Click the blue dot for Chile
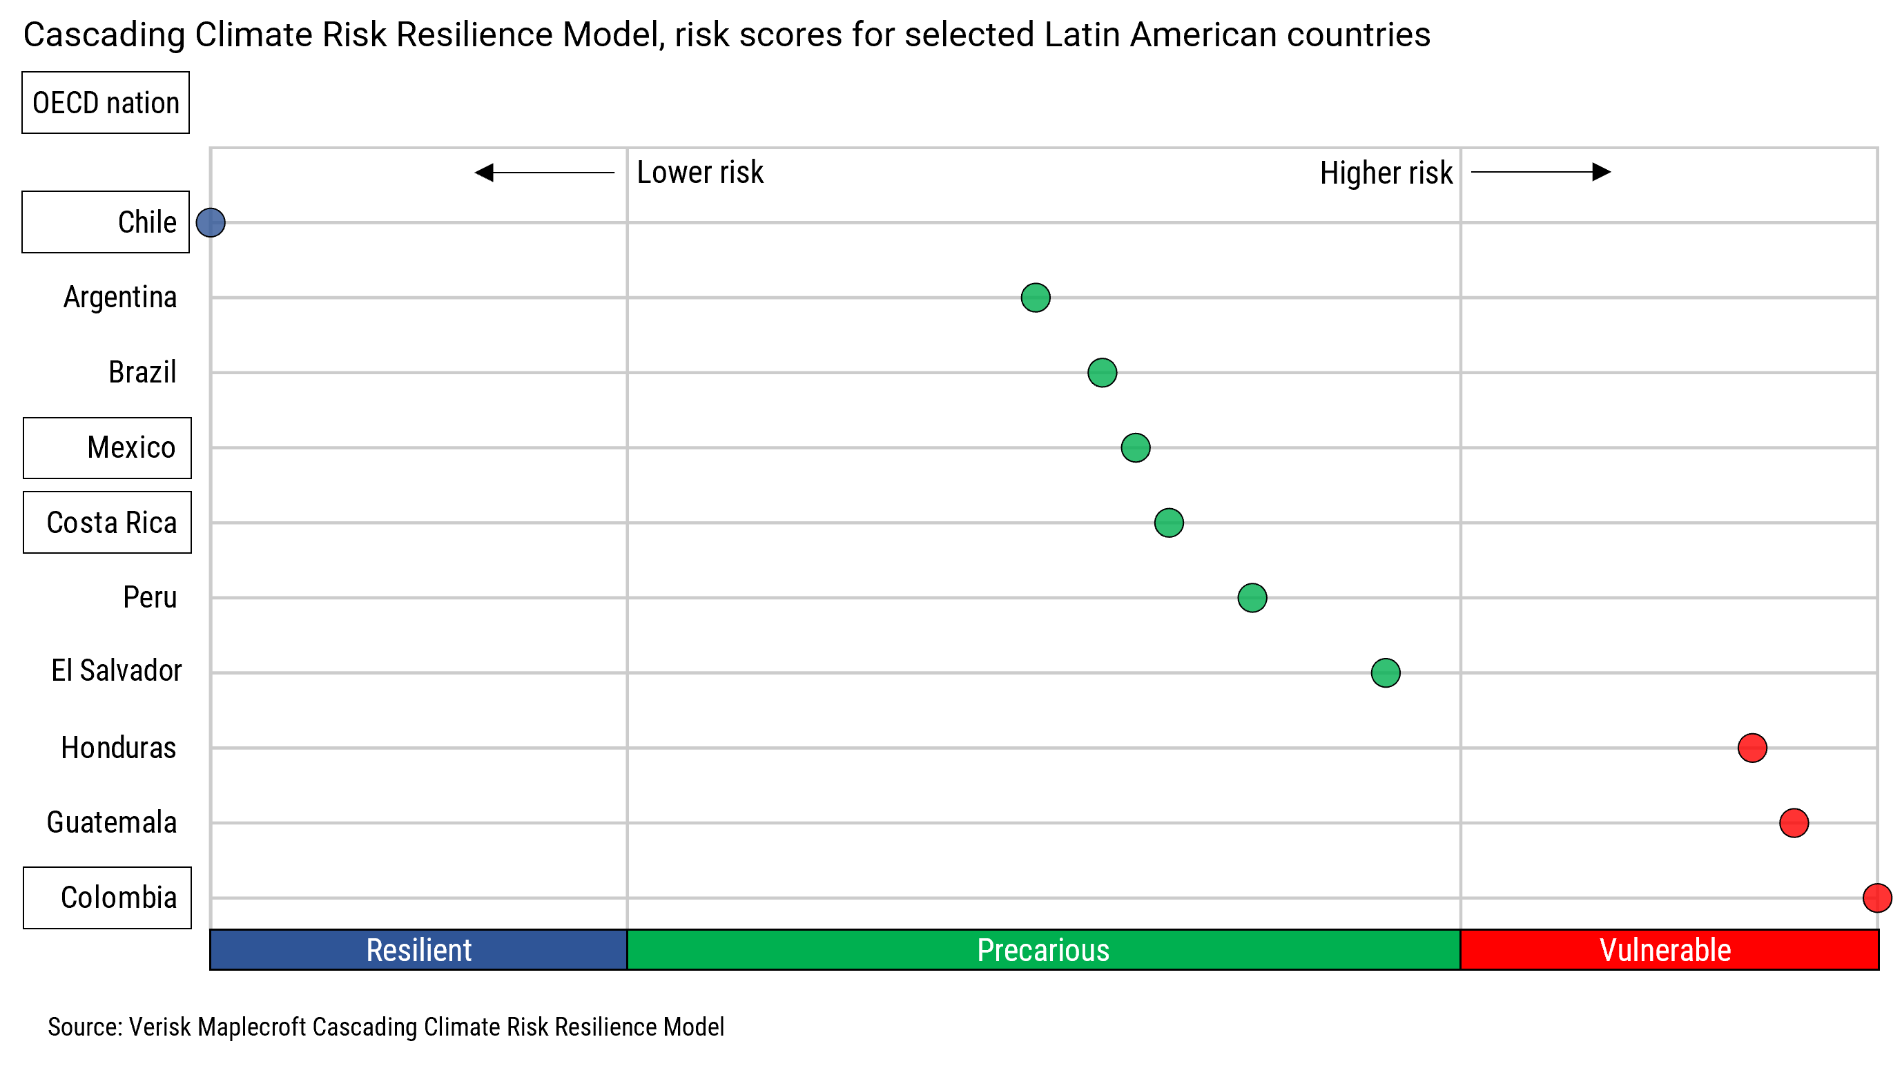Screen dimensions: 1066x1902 pyautogui.click(x=211, y=222)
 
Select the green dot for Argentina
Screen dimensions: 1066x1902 pyautogui.click(x=1035, y=298)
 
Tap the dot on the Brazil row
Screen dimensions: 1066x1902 pyautogui.click(x=1102, y=373)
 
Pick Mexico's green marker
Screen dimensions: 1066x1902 pyautogui.click(x=1135, y=447)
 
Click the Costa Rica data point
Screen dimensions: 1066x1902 pyautogui.click(x=1168, y=523)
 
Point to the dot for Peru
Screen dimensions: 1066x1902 pyautogui.click(x=1252, y=598)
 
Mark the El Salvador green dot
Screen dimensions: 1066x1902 pyautogui.click(x=1385, y=672)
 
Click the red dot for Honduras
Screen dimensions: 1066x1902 pyautogui.click(x=1751, y=748)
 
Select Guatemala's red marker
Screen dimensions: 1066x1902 pyautogui.click(x=1794, y=822)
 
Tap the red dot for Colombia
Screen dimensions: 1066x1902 pyautogui.click(x=1876, y=898)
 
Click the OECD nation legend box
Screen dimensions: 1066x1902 pyautogui.click(x=106, y=103)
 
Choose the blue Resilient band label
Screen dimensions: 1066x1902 pyautogui.click(x=418, y=950)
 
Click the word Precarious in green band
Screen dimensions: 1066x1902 pyautogui.click(x=1042, y=950)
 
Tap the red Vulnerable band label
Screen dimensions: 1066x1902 pyautogui.click(x=1665, y=950)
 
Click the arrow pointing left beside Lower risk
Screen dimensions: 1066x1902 pyautogui.click(x=544, y=173)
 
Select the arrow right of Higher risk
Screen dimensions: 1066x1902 pyautogui.click(x=1540, y=172)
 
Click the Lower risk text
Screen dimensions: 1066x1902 pyautogui.click(x=699, y=173)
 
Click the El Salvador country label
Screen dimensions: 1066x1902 pyautogui.click(x=116, y=671)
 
